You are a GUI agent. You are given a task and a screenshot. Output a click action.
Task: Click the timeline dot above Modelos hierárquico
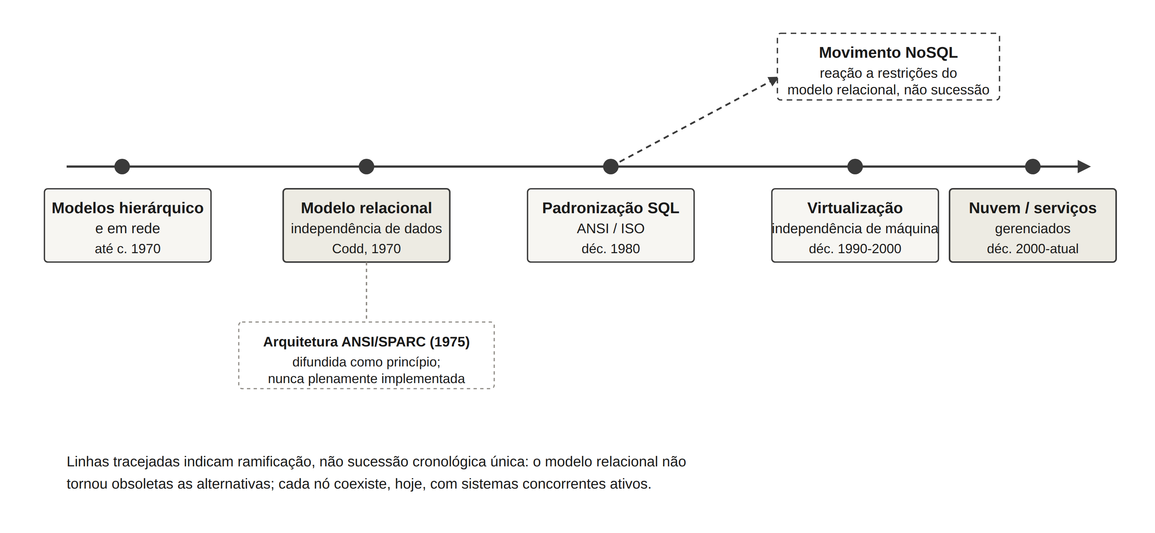122,166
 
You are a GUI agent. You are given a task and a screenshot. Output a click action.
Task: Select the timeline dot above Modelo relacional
366,166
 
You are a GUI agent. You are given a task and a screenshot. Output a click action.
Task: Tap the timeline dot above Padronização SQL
611,166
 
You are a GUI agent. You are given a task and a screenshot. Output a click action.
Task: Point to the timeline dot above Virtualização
855,166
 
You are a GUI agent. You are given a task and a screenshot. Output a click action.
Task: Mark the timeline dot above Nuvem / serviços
1032,166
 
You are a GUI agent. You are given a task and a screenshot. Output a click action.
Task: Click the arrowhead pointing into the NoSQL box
773,81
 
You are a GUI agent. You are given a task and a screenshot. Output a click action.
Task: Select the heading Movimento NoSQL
888,53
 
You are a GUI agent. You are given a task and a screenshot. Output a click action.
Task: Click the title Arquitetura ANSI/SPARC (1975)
366,342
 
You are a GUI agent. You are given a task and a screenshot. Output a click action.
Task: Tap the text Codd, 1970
366,248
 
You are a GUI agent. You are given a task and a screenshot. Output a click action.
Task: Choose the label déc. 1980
611,248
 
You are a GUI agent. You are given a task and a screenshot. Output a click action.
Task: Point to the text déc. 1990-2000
855,248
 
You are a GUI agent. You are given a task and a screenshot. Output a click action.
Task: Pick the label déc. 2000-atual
1032,248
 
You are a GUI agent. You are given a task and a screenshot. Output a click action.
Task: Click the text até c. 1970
128,248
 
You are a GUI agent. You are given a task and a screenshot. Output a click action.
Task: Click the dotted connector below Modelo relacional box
366,292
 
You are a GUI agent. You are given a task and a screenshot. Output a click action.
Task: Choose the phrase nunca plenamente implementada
366,379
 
